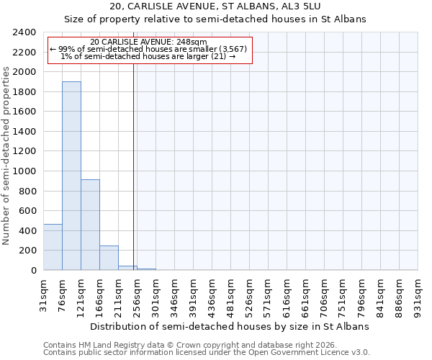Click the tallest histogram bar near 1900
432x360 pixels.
(71, 176)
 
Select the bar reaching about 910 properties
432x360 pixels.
(90, 225)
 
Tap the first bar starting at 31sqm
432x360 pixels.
(53, 247)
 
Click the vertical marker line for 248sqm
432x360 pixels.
(134, 166)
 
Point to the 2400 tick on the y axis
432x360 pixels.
(25, 33)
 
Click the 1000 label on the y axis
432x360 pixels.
(25, 171)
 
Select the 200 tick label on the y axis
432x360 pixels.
(28, 251)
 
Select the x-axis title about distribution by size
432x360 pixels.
(230, 326)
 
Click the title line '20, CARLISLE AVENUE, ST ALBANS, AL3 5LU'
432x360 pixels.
(215, 7)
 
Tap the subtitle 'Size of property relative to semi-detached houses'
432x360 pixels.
(215, 19)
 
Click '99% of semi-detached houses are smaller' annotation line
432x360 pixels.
(150, 49)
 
